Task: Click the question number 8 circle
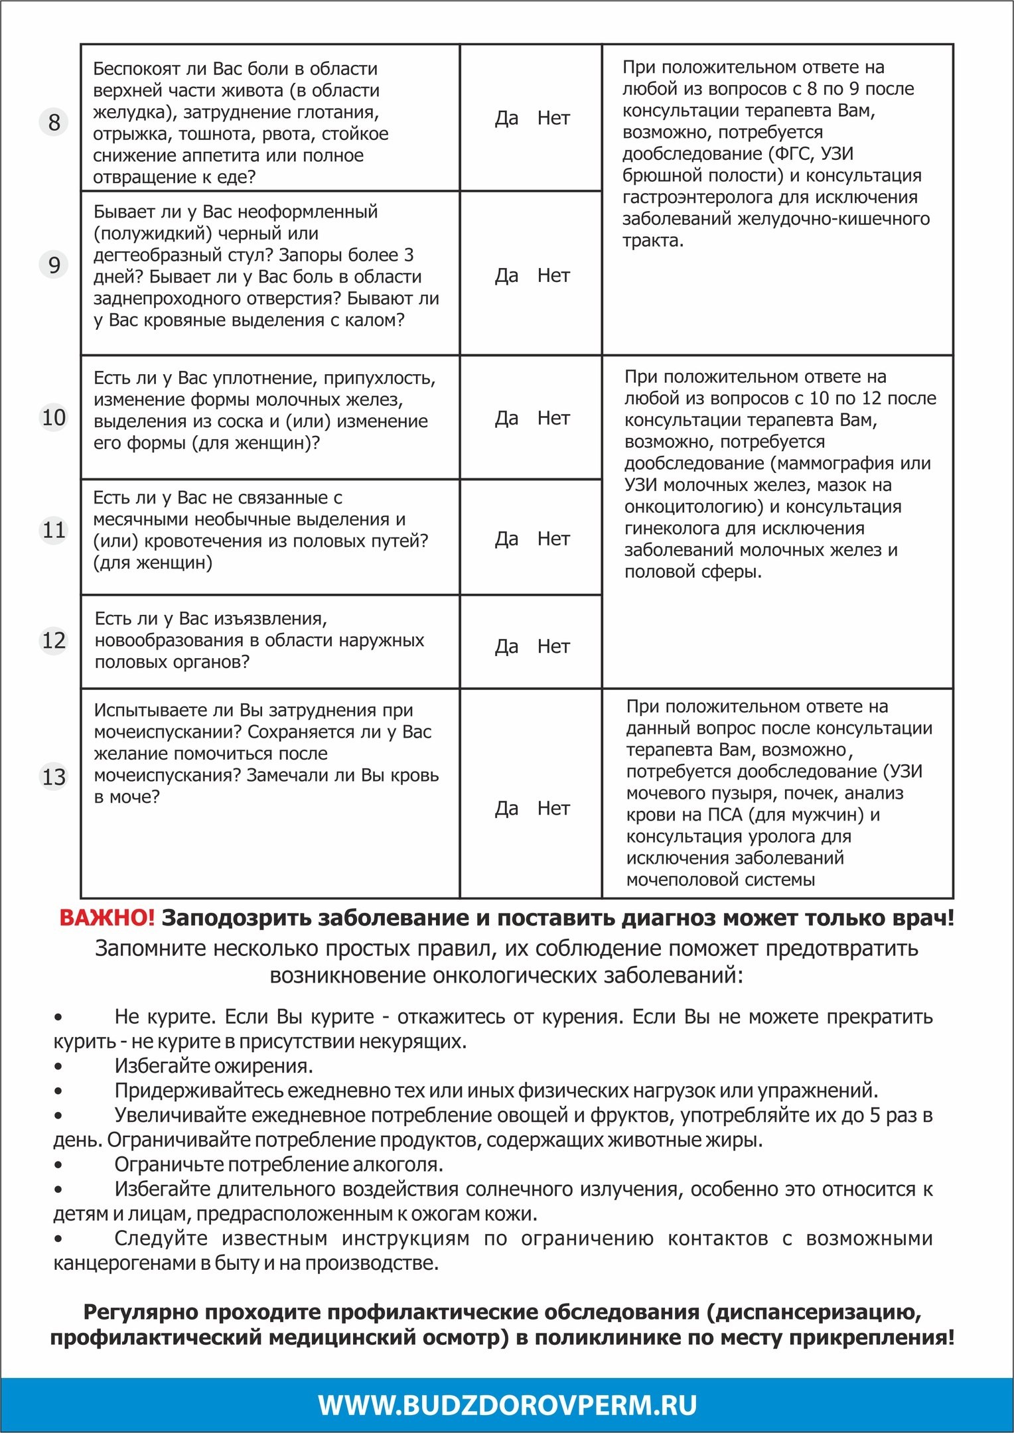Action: (54, 122)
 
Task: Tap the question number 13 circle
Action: (54, 776)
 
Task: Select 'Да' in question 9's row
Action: (506, 275)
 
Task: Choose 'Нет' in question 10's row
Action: (553, 418)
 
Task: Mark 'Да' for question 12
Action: (506, 646)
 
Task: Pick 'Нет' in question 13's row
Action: (553, 808)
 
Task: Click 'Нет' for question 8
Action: (553, 118)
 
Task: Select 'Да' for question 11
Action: (506, 539)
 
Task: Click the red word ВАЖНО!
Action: (107, 918)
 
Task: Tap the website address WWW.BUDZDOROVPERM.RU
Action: (507, 1405)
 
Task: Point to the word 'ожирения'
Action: (270, 1066)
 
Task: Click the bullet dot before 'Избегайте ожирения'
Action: (58, 1067)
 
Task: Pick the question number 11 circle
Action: (54, 530)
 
